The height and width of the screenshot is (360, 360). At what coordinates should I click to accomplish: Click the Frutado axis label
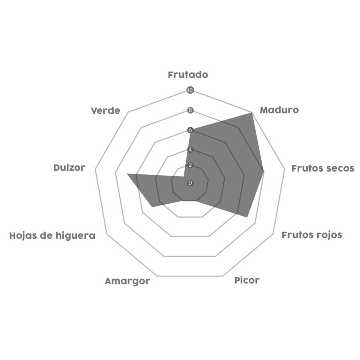pos(188,75)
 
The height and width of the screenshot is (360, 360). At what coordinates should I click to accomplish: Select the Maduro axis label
pos(279,110)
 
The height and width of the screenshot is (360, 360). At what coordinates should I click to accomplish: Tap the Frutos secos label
pos(322,168)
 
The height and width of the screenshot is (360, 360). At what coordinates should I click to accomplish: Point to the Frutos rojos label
pos(312,235)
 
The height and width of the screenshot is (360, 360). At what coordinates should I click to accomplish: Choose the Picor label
pos(247,280)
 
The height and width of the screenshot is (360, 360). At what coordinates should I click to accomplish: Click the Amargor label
pos(128,281)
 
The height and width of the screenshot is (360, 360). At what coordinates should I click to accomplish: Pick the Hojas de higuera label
pos(52,236)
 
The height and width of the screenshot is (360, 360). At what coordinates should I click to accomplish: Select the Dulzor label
pos(69,168)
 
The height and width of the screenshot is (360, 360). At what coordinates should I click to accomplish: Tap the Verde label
pos(105,111)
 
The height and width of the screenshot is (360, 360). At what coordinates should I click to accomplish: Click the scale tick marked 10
pos(190,90)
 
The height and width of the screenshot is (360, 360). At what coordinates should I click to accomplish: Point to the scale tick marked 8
pos(190,110)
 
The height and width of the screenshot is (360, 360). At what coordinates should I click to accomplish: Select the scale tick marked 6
pos(190,130)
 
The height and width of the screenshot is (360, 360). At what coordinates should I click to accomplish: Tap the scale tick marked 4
pos(190,150)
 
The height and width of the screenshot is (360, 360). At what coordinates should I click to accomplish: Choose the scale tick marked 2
pos(190,165)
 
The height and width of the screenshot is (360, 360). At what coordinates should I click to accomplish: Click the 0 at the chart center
pos(190,183)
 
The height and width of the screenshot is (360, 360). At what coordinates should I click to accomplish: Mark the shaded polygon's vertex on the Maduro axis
pos(252,113)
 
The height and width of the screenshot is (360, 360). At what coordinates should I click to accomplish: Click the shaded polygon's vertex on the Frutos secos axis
pos(264,171)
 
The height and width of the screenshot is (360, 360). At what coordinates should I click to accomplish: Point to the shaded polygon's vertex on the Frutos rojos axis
pos(247,217)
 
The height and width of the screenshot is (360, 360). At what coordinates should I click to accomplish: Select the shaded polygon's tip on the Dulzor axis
pos(128,174)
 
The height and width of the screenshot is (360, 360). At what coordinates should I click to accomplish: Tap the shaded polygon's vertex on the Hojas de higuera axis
pos(152,207)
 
